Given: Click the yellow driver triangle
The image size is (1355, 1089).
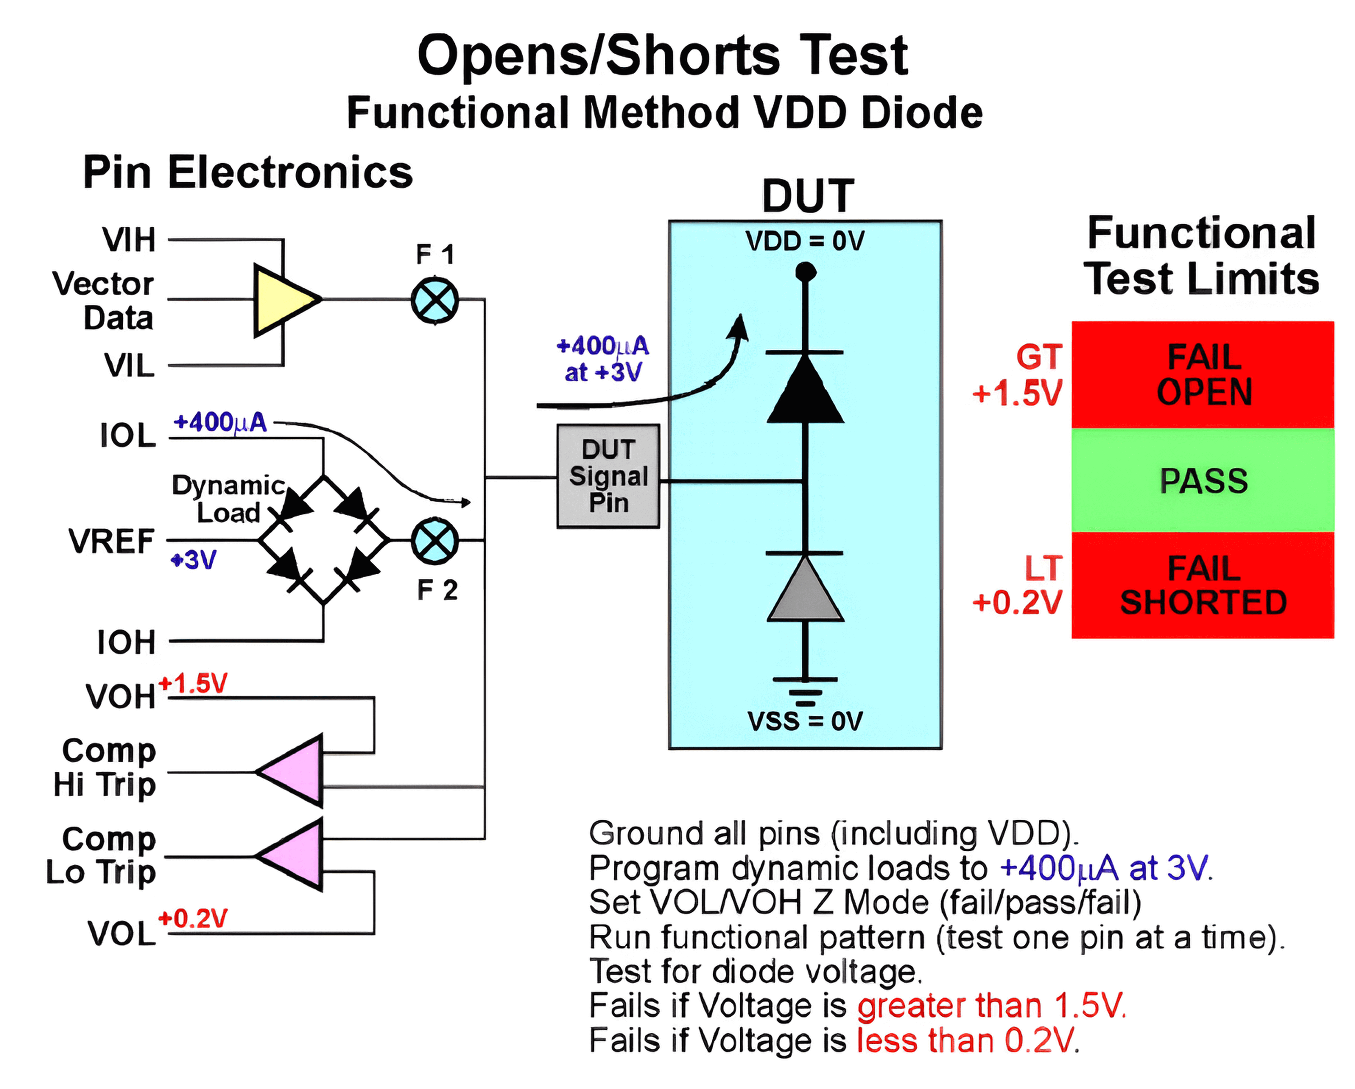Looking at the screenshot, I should [x=281, y=300].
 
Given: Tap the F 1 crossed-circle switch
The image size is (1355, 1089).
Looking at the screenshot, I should [x=435, y=300].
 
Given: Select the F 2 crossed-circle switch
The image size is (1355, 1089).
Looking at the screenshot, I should [x=435, y=541].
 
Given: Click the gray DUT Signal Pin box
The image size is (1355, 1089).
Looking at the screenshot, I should [x=608, y=476].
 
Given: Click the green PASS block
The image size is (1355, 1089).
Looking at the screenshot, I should [x=1202, y=481].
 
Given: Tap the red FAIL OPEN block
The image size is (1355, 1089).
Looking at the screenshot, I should [x=1202, y=375].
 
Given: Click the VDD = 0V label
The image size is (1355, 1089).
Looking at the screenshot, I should [x=805, y=241].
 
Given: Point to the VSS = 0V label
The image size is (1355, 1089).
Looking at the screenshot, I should [x=805, y=721].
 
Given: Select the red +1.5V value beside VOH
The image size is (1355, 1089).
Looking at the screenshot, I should [x=193, y=684].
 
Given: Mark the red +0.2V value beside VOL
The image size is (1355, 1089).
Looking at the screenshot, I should [x=193, y=919].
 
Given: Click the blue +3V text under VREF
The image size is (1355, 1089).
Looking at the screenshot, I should [x=194, y=559].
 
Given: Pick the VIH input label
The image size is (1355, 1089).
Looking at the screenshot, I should [x=129, y=239].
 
